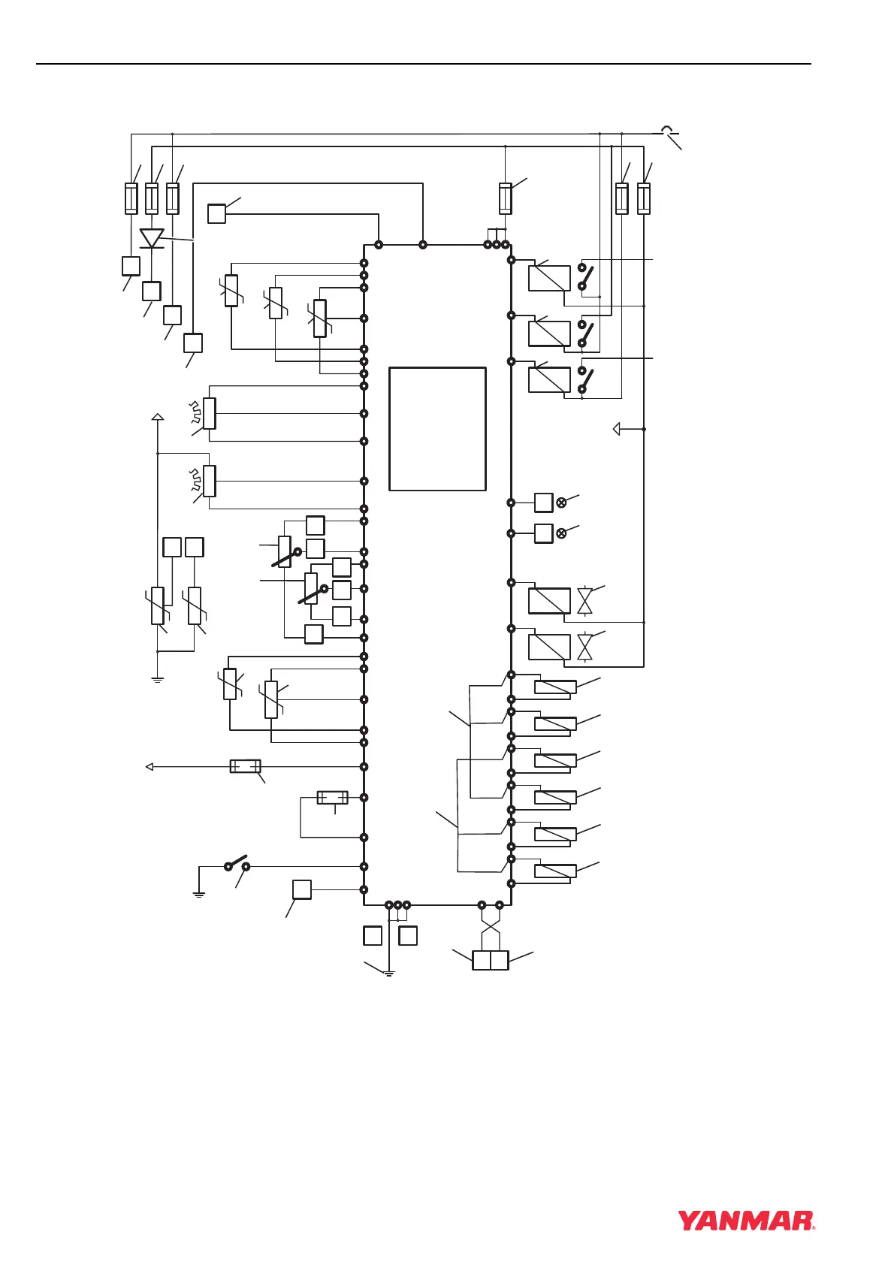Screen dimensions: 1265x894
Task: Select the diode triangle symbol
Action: click(152, 239)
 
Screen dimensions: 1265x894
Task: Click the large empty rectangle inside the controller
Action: click(437, 429)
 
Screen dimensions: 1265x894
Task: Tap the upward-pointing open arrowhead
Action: click(157, 416)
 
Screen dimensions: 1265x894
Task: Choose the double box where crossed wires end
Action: click(490, 960)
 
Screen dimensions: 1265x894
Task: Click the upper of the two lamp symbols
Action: click(561, 503)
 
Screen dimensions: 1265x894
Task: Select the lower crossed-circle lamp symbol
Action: click(561, 533)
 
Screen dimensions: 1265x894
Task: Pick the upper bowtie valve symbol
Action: click(584, 601)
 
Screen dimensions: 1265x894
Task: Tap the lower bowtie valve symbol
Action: click(584, 647)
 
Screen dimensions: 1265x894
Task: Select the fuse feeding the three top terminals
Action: click(506, 198)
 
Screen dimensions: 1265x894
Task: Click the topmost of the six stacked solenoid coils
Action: click(555, 687)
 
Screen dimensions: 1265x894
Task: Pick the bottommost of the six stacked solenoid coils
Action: click(555, 871)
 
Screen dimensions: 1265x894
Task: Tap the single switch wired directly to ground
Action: click(237, 863)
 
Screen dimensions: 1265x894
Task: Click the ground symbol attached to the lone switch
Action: click(199, 895)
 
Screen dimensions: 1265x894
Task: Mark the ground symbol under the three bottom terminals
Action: click(389, 974)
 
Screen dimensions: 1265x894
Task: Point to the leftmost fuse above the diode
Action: click(131, 198)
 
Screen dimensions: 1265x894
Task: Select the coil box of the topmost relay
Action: click(549, 279)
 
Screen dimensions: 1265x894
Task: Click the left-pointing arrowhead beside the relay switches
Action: click(617, 429)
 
